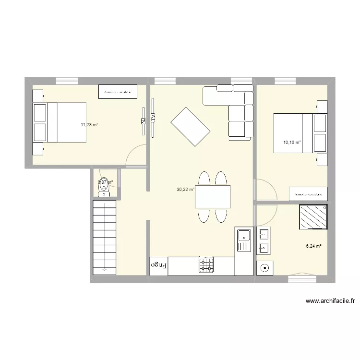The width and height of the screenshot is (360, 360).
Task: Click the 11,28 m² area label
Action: (x=89, y=124)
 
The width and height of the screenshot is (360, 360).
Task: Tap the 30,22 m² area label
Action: (x=185, y=190)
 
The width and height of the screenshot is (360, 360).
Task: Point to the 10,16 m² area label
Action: (x=292, y=143)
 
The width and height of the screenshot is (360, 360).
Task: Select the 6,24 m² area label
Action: (x=313, y=246)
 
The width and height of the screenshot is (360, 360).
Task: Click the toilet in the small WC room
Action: (x=104, y=189)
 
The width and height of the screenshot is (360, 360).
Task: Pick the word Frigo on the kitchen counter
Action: (x=159, y=264)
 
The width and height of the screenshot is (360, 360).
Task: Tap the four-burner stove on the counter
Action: (x=206, y=264)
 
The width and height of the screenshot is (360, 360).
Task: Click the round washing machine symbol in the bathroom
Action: (x=264, y=268)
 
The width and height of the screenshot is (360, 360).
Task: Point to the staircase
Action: (x=104, y=237)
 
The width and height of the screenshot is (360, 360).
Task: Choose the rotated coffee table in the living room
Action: (x=191, y=127)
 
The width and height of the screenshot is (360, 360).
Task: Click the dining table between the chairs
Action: (x=213, y=196)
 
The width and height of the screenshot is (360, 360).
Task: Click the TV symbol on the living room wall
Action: (x=153, y=117)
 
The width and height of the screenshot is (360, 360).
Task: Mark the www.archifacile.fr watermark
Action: (x=330, y=301)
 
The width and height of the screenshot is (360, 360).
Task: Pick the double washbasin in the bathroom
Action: (x=264, y=241)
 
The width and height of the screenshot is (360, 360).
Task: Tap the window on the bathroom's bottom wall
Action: (x=302, y=277)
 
